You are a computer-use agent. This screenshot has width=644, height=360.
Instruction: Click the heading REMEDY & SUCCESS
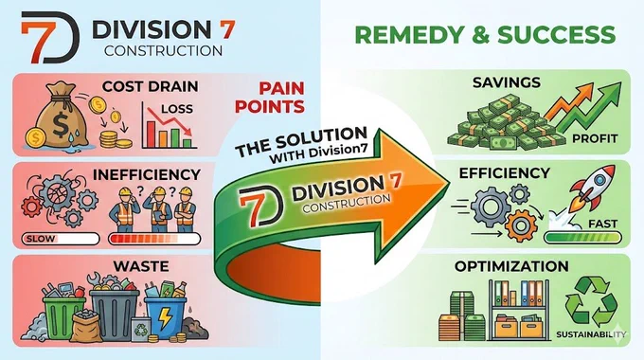coord(485,34)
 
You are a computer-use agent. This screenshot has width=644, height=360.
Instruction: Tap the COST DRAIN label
coord(151,86)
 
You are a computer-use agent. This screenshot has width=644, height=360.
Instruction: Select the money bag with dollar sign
coord(61,115)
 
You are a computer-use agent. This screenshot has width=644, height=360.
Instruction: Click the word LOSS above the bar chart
coord(177,109)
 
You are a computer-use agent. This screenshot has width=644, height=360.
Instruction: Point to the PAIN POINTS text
coord(269,98)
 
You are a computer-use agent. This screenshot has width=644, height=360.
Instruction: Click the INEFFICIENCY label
coord(147,174)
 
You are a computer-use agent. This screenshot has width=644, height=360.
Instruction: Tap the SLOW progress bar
coord(61,239)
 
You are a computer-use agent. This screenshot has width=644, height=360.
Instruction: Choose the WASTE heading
coord(141,266)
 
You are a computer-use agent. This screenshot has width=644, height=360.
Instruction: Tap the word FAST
coord(603,224)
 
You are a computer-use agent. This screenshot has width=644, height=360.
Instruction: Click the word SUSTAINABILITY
coord(591,334)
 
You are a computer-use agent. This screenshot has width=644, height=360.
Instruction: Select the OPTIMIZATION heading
coord(511,266)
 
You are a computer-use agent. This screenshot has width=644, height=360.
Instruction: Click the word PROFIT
coord(595,138)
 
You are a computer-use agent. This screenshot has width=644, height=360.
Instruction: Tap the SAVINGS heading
coord(507,82)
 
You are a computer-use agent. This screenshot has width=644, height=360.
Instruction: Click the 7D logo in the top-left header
coord(50,37)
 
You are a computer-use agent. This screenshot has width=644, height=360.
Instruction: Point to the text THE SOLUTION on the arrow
coord(301,142)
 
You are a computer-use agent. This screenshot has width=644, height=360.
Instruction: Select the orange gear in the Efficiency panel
coord(521,225)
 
